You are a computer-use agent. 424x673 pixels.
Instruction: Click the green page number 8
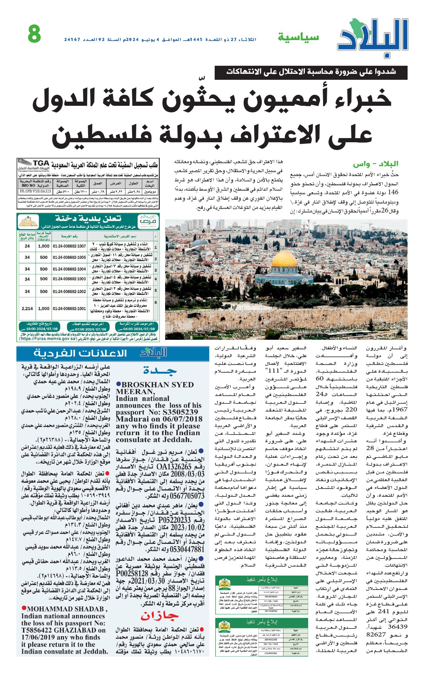pos(34,34)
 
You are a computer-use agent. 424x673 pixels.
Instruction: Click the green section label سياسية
pos(298,37)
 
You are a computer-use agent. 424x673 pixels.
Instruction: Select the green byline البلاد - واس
pos(375,164)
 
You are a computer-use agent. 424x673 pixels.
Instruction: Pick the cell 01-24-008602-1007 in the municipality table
pos(69,246)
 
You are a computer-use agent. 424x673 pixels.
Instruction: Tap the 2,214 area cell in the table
pos(27,308)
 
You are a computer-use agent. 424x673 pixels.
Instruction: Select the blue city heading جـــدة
pos(160,371)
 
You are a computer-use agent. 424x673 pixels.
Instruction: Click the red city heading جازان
pos(160,616)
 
